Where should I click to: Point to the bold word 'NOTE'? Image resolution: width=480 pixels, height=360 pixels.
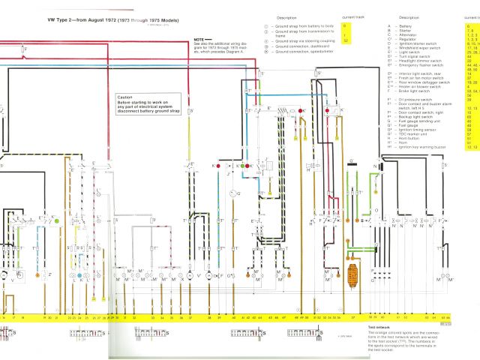click(x=198, y=38)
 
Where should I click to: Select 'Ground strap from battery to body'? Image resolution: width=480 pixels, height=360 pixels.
click(x=300, y=26)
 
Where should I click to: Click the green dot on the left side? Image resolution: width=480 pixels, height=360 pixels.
click(x=56, y=221)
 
